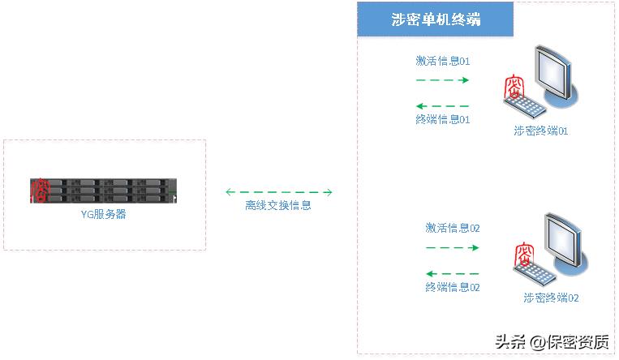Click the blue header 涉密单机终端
[436, 19]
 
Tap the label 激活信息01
[442, 62]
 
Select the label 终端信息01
[442, 119]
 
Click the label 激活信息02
[453, 229]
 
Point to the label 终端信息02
[453, 287]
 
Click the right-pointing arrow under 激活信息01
[442, 80]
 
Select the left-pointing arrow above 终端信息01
[442, 105]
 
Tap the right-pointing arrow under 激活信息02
[453, 247]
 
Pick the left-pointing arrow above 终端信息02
[453, 273]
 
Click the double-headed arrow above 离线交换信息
[279, 192]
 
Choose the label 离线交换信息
[278, 206]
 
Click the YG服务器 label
[104, 215]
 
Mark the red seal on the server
[39, 190]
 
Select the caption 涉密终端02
[551, 298]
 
